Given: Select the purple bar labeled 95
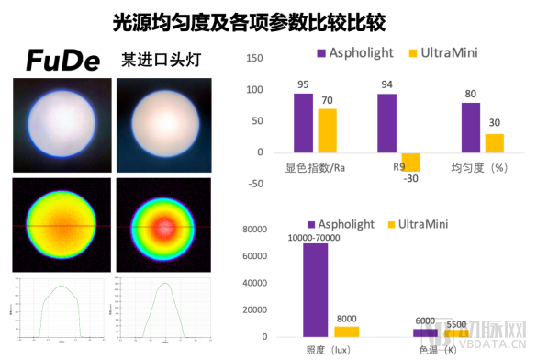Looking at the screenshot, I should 303,122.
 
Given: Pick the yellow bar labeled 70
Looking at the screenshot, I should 327,130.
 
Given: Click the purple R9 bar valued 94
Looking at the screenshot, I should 387,122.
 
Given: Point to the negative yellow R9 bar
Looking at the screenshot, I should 410,162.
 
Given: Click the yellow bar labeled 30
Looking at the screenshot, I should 494,142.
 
